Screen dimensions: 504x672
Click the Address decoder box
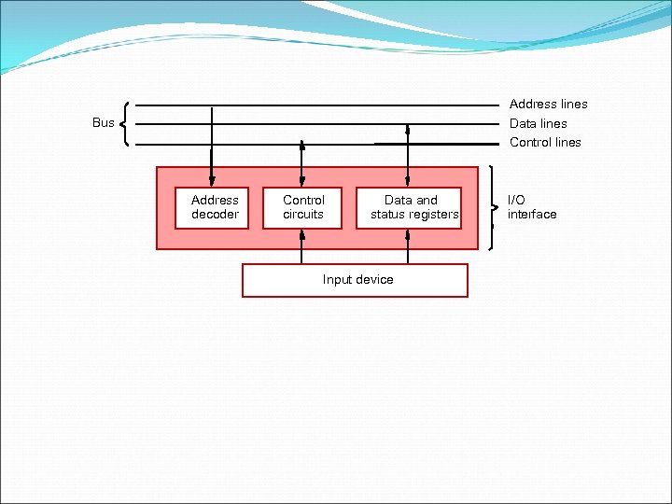[215, 206]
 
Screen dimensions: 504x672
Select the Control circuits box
[303, 206]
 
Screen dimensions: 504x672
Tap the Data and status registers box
[411, 206]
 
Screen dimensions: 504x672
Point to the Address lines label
[548, 105]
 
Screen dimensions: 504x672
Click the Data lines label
[538, 123]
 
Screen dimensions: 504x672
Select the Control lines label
[545, 143]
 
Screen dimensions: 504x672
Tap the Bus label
[103, 122]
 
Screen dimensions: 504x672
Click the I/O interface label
[531, 206]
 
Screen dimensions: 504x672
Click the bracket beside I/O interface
[493, 207]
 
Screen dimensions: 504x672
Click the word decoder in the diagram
[215, 214]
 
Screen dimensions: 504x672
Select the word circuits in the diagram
[303, 214]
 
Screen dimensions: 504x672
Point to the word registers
[433, 214]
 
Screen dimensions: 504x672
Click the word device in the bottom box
[374, 280]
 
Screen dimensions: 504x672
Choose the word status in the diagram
[388, 214]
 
